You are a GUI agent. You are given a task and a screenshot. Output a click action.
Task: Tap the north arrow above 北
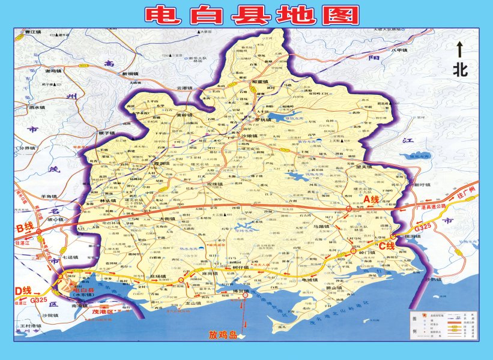pos(459,49)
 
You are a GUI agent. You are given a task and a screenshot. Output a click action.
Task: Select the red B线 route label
pos(26,228)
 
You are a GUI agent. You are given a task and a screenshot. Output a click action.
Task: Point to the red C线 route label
pos(386,245)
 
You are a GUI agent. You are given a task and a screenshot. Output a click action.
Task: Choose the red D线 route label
pos(23,290)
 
